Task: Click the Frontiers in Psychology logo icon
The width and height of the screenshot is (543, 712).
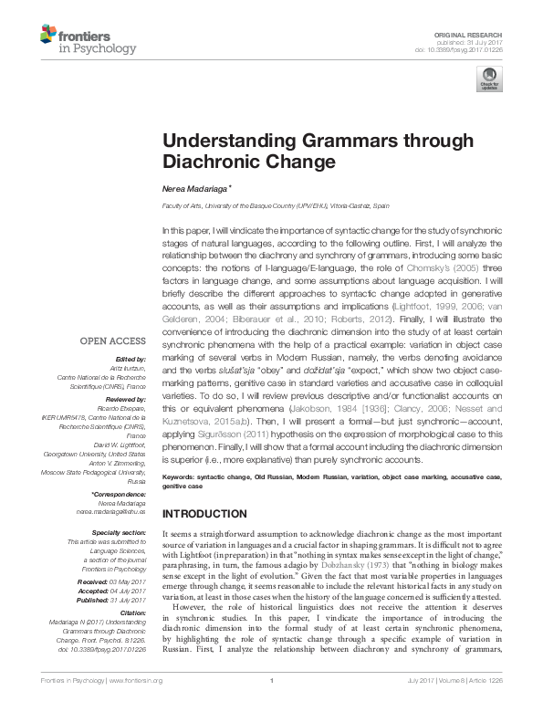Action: point(48,35)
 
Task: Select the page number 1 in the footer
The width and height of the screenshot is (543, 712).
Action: point(272,705)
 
